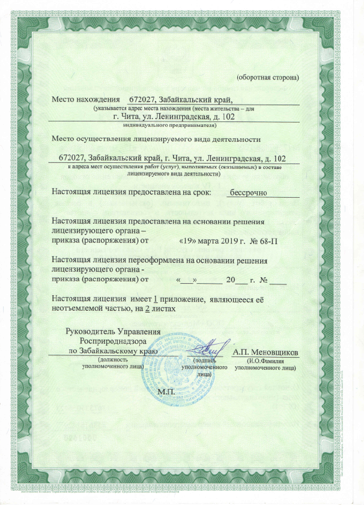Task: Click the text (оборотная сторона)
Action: [267, 77]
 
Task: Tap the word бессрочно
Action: [249, 192]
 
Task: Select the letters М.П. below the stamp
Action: [165, 391]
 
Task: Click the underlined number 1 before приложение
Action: [156, 299]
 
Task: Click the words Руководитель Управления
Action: [113, 331]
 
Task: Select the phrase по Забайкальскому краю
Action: [113, 350]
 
